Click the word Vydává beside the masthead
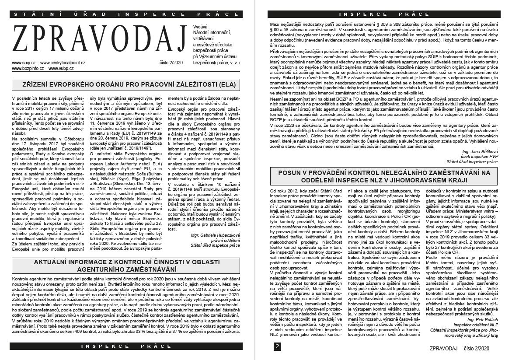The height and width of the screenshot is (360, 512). (200, 27)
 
